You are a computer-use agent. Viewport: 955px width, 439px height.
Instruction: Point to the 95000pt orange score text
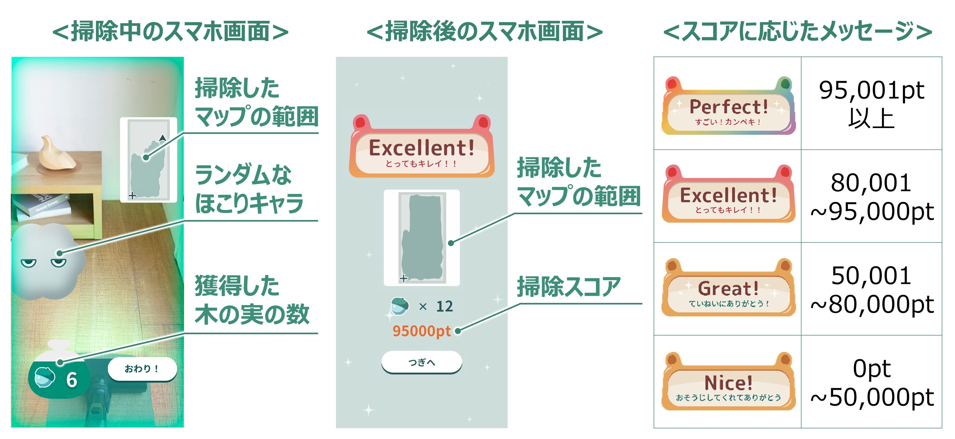tap(421, 331)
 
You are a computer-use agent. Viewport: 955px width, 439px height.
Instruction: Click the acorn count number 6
tap(72, 380)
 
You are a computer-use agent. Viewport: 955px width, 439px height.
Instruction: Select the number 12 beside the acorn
tap(444, 306)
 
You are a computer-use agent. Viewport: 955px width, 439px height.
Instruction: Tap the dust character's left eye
tap(29, 263)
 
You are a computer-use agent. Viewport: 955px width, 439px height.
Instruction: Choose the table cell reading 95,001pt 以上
tap(871, 104)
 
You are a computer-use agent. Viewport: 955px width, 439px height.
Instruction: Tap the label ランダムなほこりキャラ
tap(248, 189)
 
